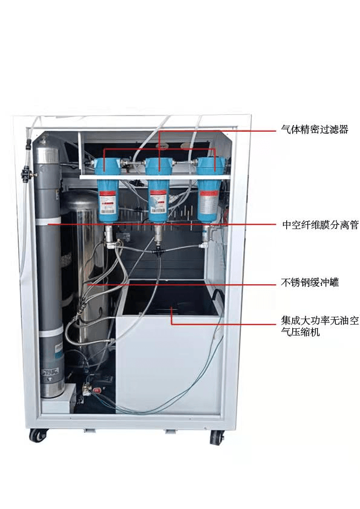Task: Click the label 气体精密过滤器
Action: (315, 130)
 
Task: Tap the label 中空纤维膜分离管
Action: (320, 225)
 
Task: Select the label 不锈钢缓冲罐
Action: (310, 282)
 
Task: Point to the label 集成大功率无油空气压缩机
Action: (319, 326)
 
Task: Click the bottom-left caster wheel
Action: (39, 435)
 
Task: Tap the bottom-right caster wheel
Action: (217, 437)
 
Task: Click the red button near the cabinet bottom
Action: (97, 391)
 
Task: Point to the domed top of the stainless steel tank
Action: (80, 199)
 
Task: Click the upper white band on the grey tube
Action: (47, 222)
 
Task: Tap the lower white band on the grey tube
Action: (51, 331)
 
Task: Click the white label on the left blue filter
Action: (108, 203)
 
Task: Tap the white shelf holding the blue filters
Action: (155, 177)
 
